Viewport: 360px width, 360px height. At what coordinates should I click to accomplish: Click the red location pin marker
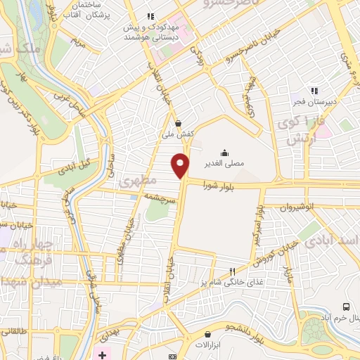pos(181,165)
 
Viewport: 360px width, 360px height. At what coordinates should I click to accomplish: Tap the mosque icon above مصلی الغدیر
pos(224,152)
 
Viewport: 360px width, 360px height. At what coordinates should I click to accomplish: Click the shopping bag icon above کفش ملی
pos(178,123)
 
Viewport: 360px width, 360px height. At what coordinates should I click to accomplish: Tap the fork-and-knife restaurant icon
pos(233,271)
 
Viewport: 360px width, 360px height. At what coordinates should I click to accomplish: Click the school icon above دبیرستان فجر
pos(315,90)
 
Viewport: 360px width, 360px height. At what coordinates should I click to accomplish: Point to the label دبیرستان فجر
pos(315,101)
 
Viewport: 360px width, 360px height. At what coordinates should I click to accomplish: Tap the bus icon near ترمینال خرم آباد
pos(346,307)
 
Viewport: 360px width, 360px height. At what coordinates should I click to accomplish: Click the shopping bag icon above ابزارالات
pos(208,334)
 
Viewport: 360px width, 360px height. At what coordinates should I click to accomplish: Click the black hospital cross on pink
pos(103,354)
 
